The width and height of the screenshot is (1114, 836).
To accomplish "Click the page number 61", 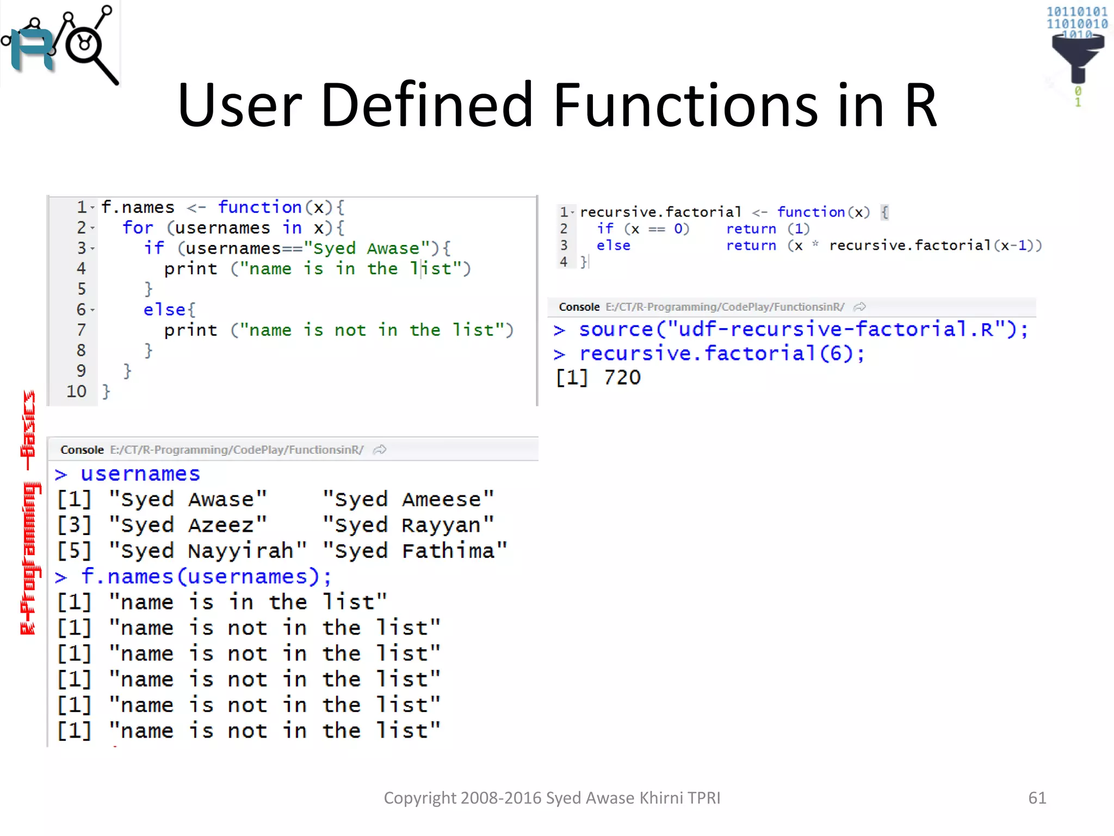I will [1037, 798].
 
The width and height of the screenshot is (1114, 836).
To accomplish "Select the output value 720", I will [622, 378].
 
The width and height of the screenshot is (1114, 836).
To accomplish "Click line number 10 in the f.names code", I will [76, 391].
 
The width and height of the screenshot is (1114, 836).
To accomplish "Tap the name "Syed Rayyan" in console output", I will [408, 525].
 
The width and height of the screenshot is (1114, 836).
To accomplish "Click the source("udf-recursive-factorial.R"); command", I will [803, 329].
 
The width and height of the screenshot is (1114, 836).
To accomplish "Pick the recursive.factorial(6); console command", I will [721, 354].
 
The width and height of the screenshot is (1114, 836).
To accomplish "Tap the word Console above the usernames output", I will [82, 450].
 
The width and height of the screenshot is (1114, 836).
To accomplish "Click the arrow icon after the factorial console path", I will [859, 307].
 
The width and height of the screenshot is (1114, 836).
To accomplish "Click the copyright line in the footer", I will [552, 798].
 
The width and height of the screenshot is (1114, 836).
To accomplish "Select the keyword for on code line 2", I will [138, 228].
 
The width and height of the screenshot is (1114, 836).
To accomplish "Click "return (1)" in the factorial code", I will [768, 229].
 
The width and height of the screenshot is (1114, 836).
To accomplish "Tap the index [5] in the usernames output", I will [74, 551].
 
